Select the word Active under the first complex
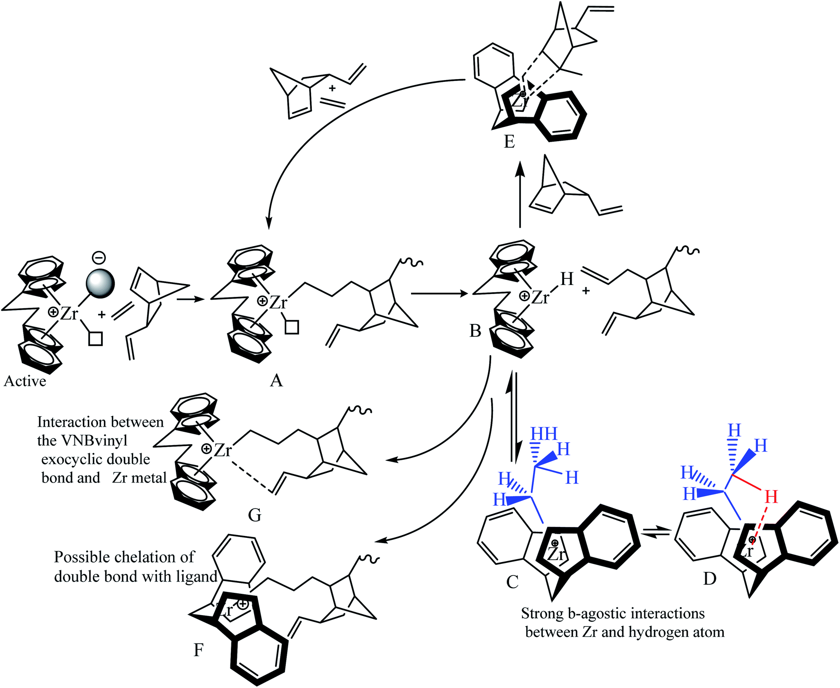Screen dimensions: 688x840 click(x=25, y=382)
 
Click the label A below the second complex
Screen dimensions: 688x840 click(x=276, y=380)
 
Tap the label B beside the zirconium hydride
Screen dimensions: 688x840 click(x=475, y=331)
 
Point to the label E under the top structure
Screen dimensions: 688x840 click(x=509, y=142)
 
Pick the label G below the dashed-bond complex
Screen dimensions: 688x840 click(x=255, y=515)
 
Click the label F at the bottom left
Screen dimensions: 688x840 click(x=199, y=650)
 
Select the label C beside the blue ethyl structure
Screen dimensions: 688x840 click(x=512, y=581)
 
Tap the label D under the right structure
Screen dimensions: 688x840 click(x=710, y=579)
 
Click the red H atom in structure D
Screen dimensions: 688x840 click(x=771, y=497)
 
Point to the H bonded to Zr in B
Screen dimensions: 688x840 click(x=567, y=279)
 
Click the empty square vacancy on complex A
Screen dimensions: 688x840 click(x=292, y=327)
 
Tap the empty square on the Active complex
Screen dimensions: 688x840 click(x=96, y=338)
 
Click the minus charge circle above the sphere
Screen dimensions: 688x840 click(x=99, y=258)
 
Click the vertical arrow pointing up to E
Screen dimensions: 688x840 click(x=520, y=194)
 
